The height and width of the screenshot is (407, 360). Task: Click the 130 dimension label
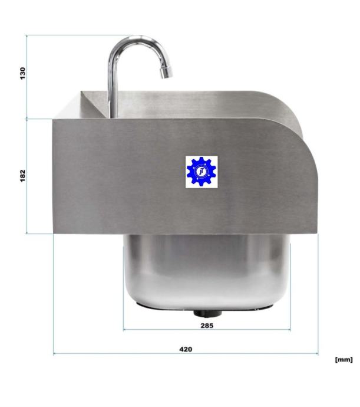[x=23, y=73]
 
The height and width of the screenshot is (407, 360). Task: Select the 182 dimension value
[x=23, y=176]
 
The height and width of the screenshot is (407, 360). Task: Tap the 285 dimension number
[x=207, y=326]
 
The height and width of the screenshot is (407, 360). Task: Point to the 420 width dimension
[x=186, y=349]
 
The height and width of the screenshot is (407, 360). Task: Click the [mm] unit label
[x=344, y=359]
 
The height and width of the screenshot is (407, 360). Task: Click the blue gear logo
[x=202, y=172]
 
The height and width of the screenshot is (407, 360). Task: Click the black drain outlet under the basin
[x=208, y=313]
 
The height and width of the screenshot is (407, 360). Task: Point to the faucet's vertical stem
[x=113, y=88]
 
